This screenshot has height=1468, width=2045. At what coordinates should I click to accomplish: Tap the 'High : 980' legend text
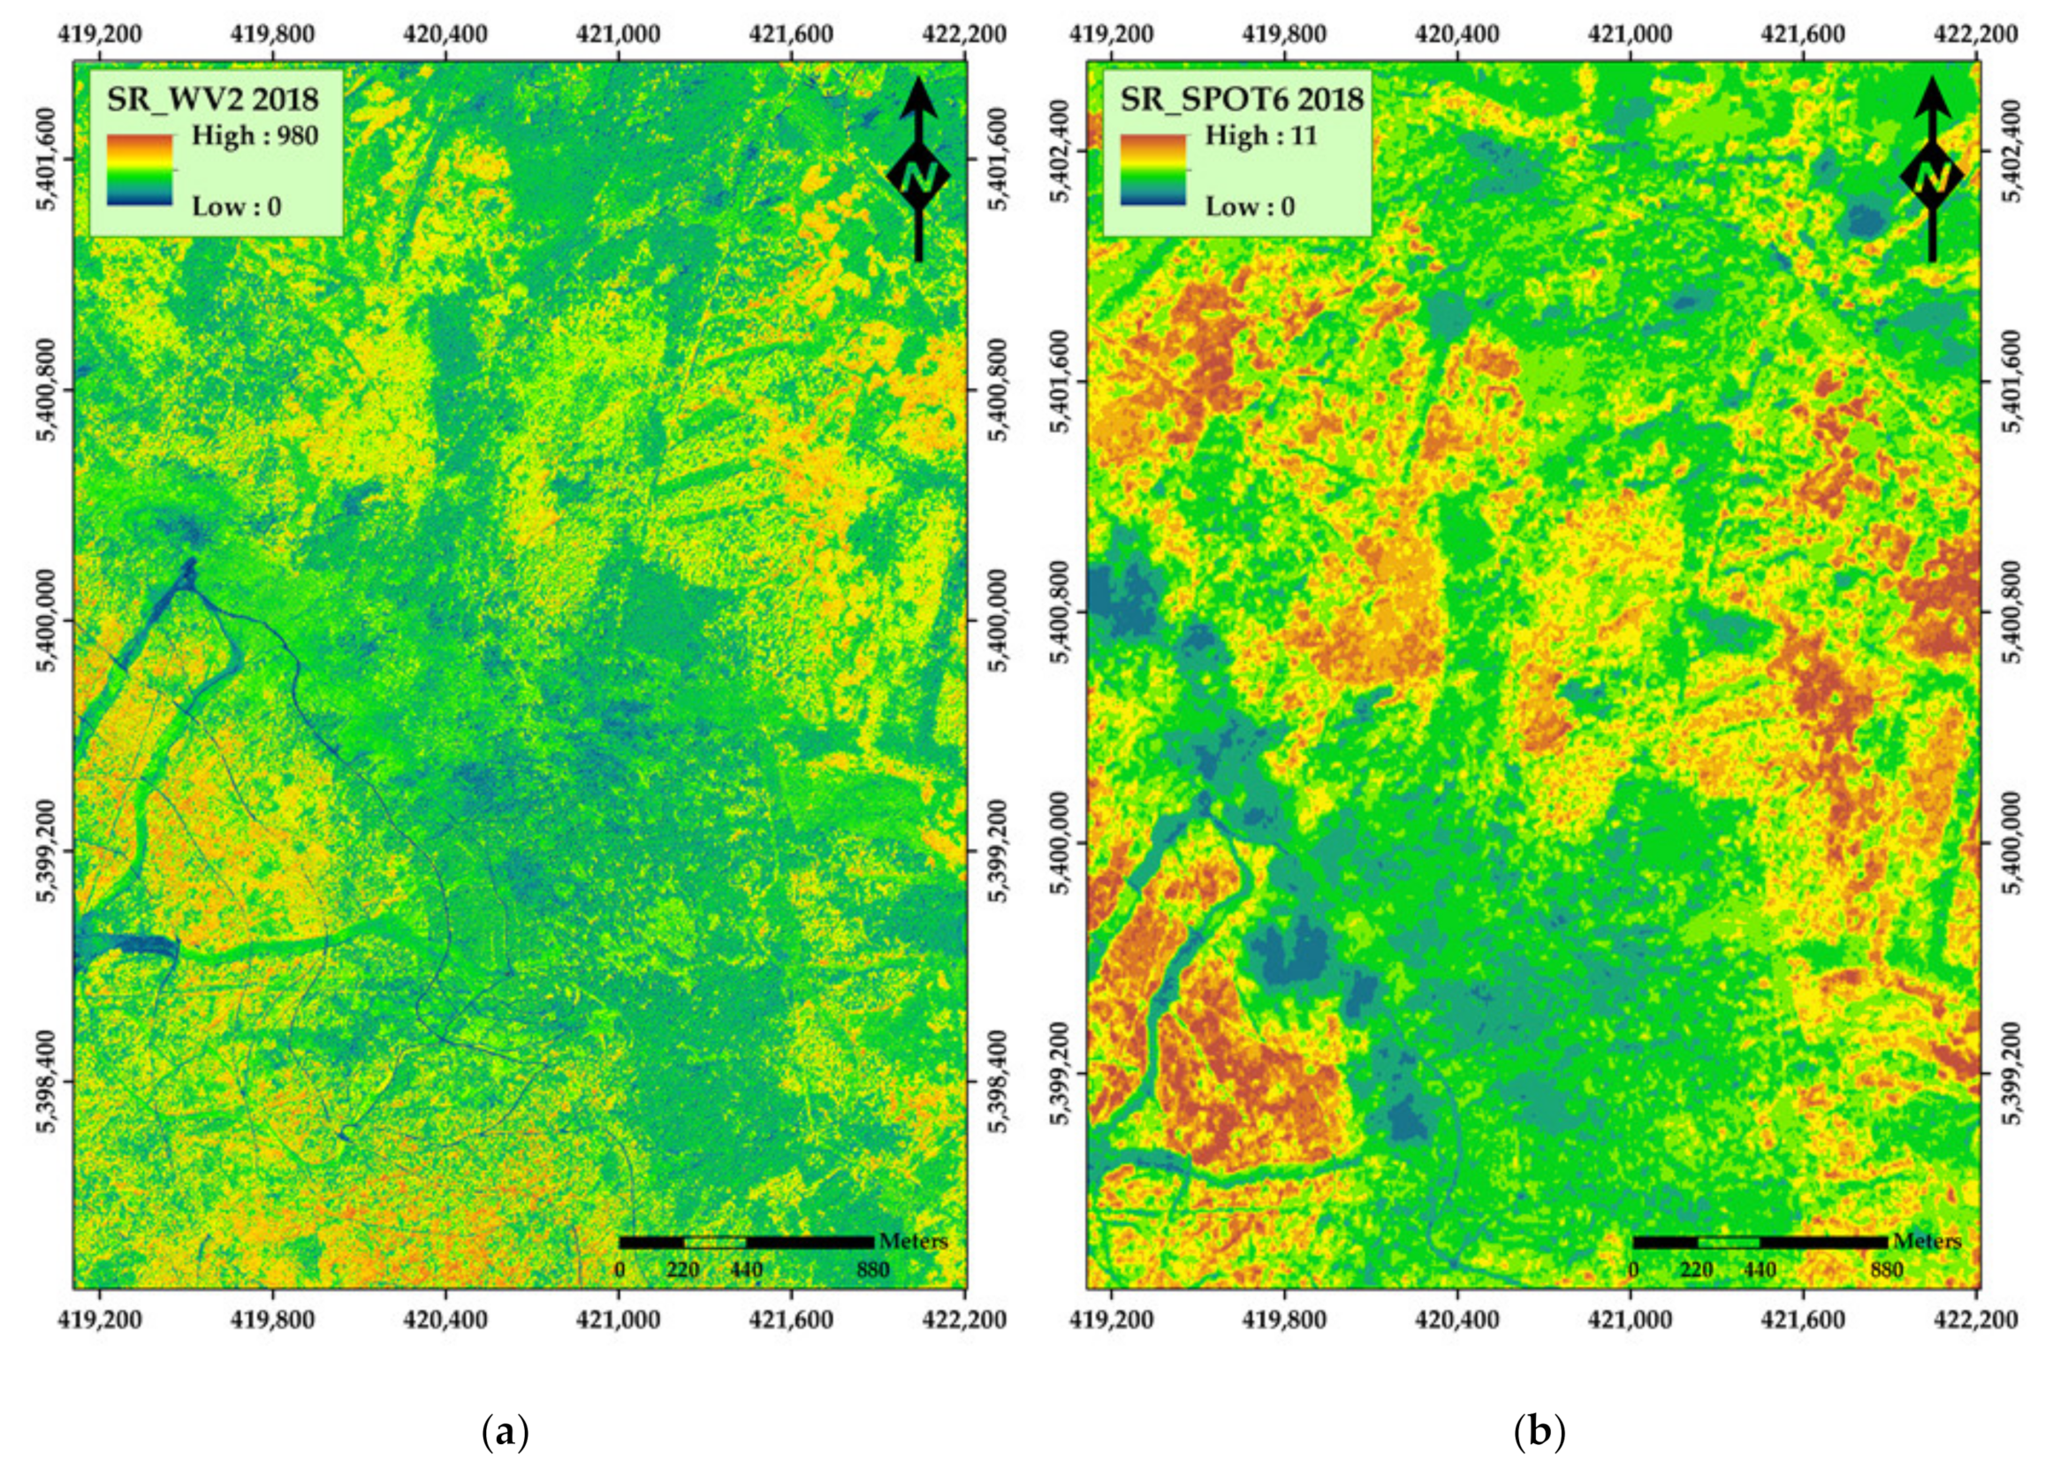[x=255, y=136]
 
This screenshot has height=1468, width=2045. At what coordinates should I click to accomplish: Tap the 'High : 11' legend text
[x=1260, y=136]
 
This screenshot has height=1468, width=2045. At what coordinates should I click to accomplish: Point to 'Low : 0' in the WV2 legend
[x=236, y=207]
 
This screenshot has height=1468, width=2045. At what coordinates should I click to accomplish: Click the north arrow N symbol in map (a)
[x=918, y=177]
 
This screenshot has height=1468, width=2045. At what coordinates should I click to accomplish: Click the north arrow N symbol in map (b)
[x=1930, y=177]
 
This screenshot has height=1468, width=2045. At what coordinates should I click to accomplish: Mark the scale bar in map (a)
[x=746, y=1243]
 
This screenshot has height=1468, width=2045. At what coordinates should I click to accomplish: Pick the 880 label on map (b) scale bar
[x=1886, y=1271]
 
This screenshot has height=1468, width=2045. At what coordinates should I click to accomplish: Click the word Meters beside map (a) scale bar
[x=914, y=1242]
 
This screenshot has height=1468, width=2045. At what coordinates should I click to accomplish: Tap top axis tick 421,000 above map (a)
[x=620, y=34]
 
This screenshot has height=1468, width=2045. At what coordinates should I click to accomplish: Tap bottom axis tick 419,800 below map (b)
[x=1285, y=1320]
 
